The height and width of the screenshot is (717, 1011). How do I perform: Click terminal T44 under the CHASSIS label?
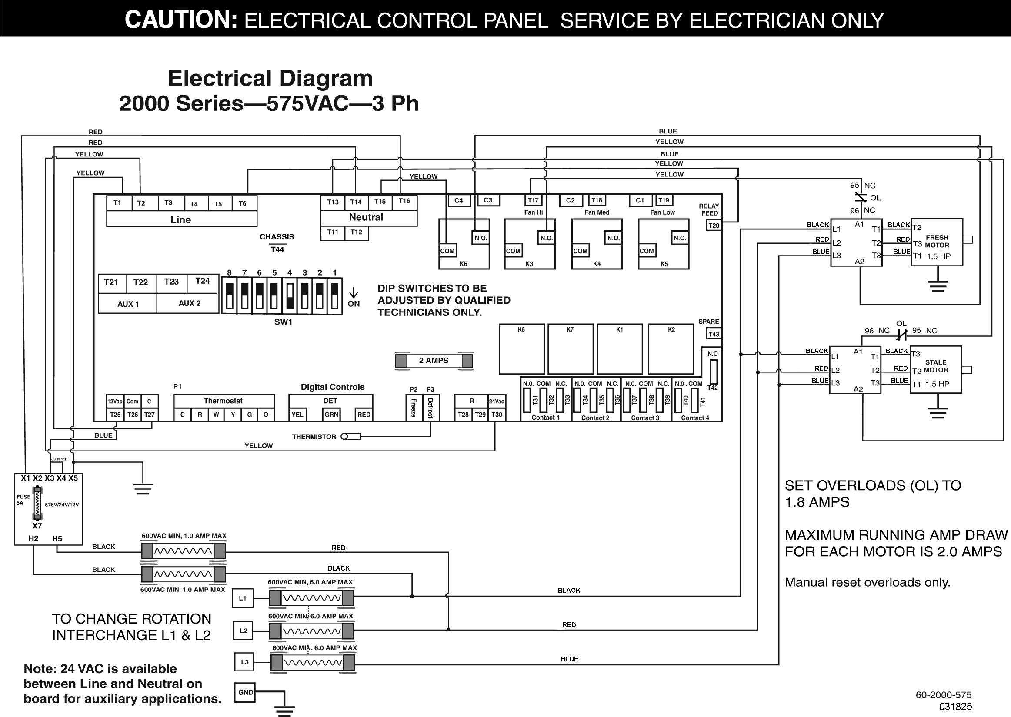point(277,250)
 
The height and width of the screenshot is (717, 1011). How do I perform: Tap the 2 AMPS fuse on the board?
point(434,361)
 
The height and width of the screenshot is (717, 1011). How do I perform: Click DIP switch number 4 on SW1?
point(290,296)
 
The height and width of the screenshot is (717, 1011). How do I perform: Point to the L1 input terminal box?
point(243,599)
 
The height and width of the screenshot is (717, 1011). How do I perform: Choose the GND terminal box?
point(246,693)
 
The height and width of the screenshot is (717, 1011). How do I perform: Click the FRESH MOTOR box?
point(937,242)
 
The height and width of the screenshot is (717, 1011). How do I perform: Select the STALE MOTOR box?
point(935,369)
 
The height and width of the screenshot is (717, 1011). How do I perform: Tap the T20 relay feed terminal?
point(714,226)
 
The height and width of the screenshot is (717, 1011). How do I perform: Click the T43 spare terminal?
point(714,334)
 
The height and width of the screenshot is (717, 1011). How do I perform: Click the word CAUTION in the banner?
point(181,20)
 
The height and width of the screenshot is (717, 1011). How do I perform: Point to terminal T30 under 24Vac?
point(497,415)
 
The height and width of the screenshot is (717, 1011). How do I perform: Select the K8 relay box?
point(521,349)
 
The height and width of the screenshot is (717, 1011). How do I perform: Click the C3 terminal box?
point(488,200)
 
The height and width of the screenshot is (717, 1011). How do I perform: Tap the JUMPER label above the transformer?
point(59,459)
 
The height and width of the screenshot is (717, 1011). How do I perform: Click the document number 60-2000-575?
point(944,695)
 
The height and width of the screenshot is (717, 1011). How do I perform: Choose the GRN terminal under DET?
point(331,415)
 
